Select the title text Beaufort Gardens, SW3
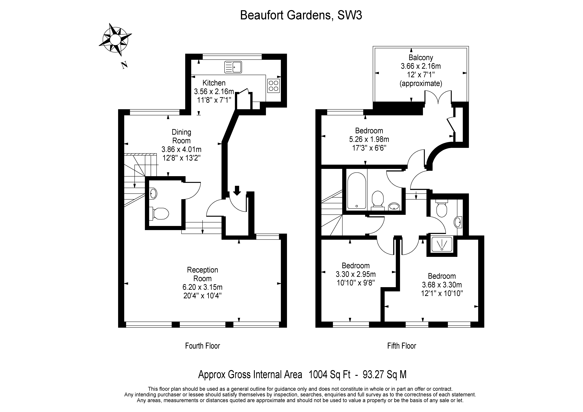coord(301,15)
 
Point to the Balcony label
coord(421,58)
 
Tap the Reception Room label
coord(202,274)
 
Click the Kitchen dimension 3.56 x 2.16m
coord(214,91)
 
